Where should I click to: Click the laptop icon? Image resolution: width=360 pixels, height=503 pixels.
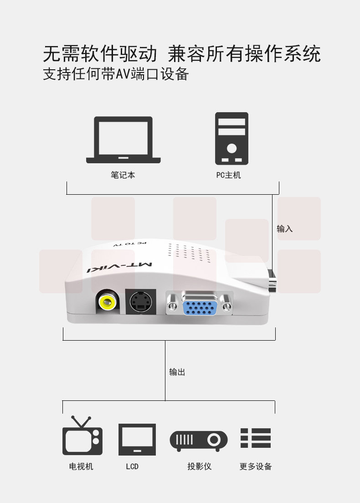pos(123,140)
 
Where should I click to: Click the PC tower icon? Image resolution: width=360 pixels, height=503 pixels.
pos(231,139)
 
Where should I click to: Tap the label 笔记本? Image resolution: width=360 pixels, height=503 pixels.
pos(123,175)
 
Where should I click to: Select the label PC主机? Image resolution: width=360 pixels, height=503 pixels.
pos(228,175)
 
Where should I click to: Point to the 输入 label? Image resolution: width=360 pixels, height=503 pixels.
pos(285,229)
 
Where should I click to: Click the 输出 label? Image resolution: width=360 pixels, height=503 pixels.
pos(177,372)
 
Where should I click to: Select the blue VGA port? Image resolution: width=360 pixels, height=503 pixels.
pos(200,304)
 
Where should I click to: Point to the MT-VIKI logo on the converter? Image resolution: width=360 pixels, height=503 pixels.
pos(119,268)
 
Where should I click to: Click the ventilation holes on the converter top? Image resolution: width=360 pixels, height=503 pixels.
pos(189,254)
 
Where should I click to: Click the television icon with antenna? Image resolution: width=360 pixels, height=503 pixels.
pos(82,436)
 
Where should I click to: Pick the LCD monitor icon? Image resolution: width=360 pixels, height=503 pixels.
pos(137,440)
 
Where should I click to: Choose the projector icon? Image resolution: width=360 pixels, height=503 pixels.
pos(199,441)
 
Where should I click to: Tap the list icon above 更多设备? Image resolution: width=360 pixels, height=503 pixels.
pos(256,438)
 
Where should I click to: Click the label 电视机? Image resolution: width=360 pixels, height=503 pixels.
pos(81,466)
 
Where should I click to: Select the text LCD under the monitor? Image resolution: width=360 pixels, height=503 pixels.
pos(132,467)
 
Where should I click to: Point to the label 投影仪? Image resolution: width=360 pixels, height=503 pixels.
pos(200,466)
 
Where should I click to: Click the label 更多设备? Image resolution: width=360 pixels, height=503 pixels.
pos(256,466)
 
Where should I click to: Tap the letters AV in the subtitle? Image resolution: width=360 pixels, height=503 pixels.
pos(123,74)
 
